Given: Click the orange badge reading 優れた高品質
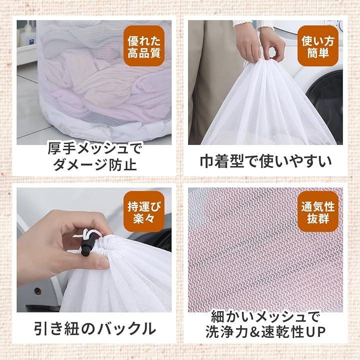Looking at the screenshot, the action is click(144, 46).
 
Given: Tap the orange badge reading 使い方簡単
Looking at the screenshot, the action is click(318, 46).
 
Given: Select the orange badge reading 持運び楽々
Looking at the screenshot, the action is click(144, 211).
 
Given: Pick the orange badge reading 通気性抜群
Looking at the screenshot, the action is click(318, 211).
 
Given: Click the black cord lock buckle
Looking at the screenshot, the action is click(86, 245).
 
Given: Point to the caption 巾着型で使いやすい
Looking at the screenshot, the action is click(265, 161).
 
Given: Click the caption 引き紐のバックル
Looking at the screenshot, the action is click(94, 329).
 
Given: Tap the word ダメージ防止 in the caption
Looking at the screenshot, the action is click(95, 164).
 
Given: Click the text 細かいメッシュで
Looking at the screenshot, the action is click(265, 316).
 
